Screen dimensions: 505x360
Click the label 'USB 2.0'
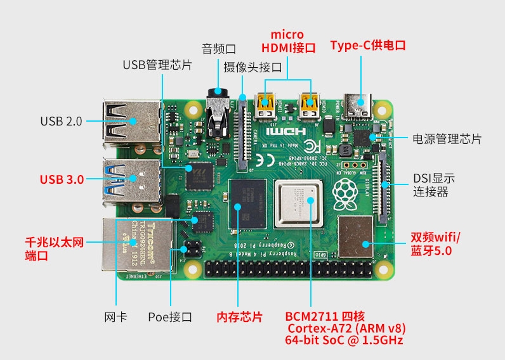pyautogui.click(x=61, y=121)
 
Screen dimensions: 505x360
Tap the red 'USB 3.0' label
pyautogui.click(x=62, y=179)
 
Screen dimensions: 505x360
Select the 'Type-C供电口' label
pyautogui.click(x=367, y=46)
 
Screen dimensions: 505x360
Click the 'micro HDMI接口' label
pyautogui.click(x=288, y=41)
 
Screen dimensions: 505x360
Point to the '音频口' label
pyautogui.click(x=219, y=48)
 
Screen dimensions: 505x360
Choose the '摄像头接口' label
pyautogui.click(x=252, y=67)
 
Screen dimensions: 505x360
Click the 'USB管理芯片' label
pyautogui.click(x=157, y=65)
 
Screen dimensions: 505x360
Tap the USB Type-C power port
pyautogui.click(x=360, y=106)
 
